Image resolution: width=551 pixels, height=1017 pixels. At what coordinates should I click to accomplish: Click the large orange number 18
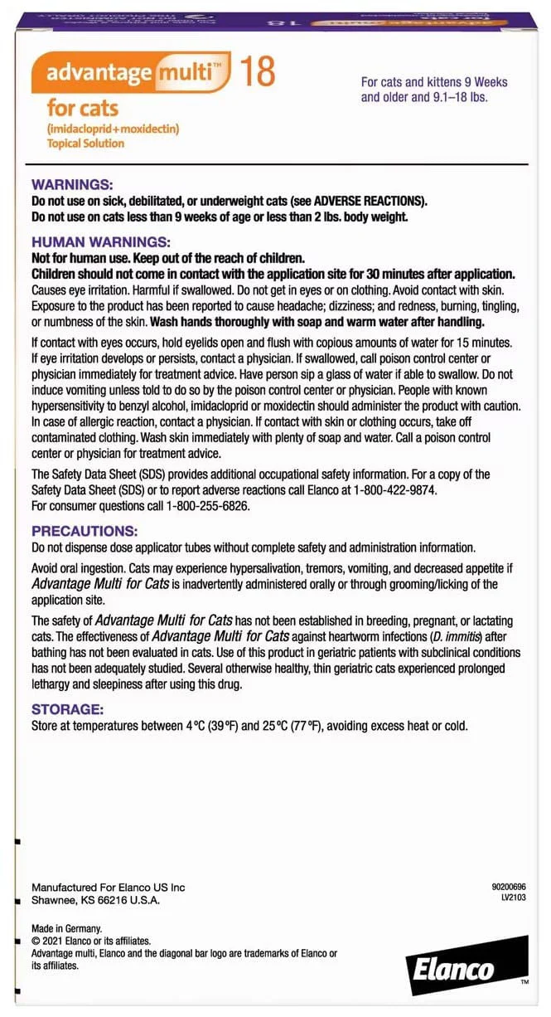coord(257,72)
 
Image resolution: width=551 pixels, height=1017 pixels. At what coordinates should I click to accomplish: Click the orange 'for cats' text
coord(82,107)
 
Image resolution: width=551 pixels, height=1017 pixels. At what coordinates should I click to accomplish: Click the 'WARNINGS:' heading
coord(72,185)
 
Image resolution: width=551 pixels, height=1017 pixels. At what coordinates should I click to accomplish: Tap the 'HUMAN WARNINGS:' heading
coord(100,242)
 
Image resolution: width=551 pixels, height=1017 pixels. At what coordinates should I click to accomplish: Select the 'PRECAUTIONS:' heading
coord(85,531)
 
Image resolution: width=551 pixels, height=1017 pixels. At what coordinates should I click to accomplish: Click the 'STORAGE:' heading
coord(67,709)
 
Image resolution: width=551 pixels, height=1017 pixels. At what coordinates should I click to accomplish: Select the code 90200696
coord(509,887)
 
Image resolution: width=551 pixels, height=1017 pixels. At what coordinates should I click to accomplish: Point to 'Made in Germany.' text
coord(66,928)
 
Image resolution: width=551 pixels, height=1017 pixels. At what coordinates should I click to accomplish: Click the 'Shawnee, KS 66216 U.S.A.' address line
coord(95,900)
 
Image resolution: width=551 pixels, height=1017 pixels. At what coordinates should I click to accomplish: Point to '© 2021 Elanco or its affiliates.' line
coord(91,941)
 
